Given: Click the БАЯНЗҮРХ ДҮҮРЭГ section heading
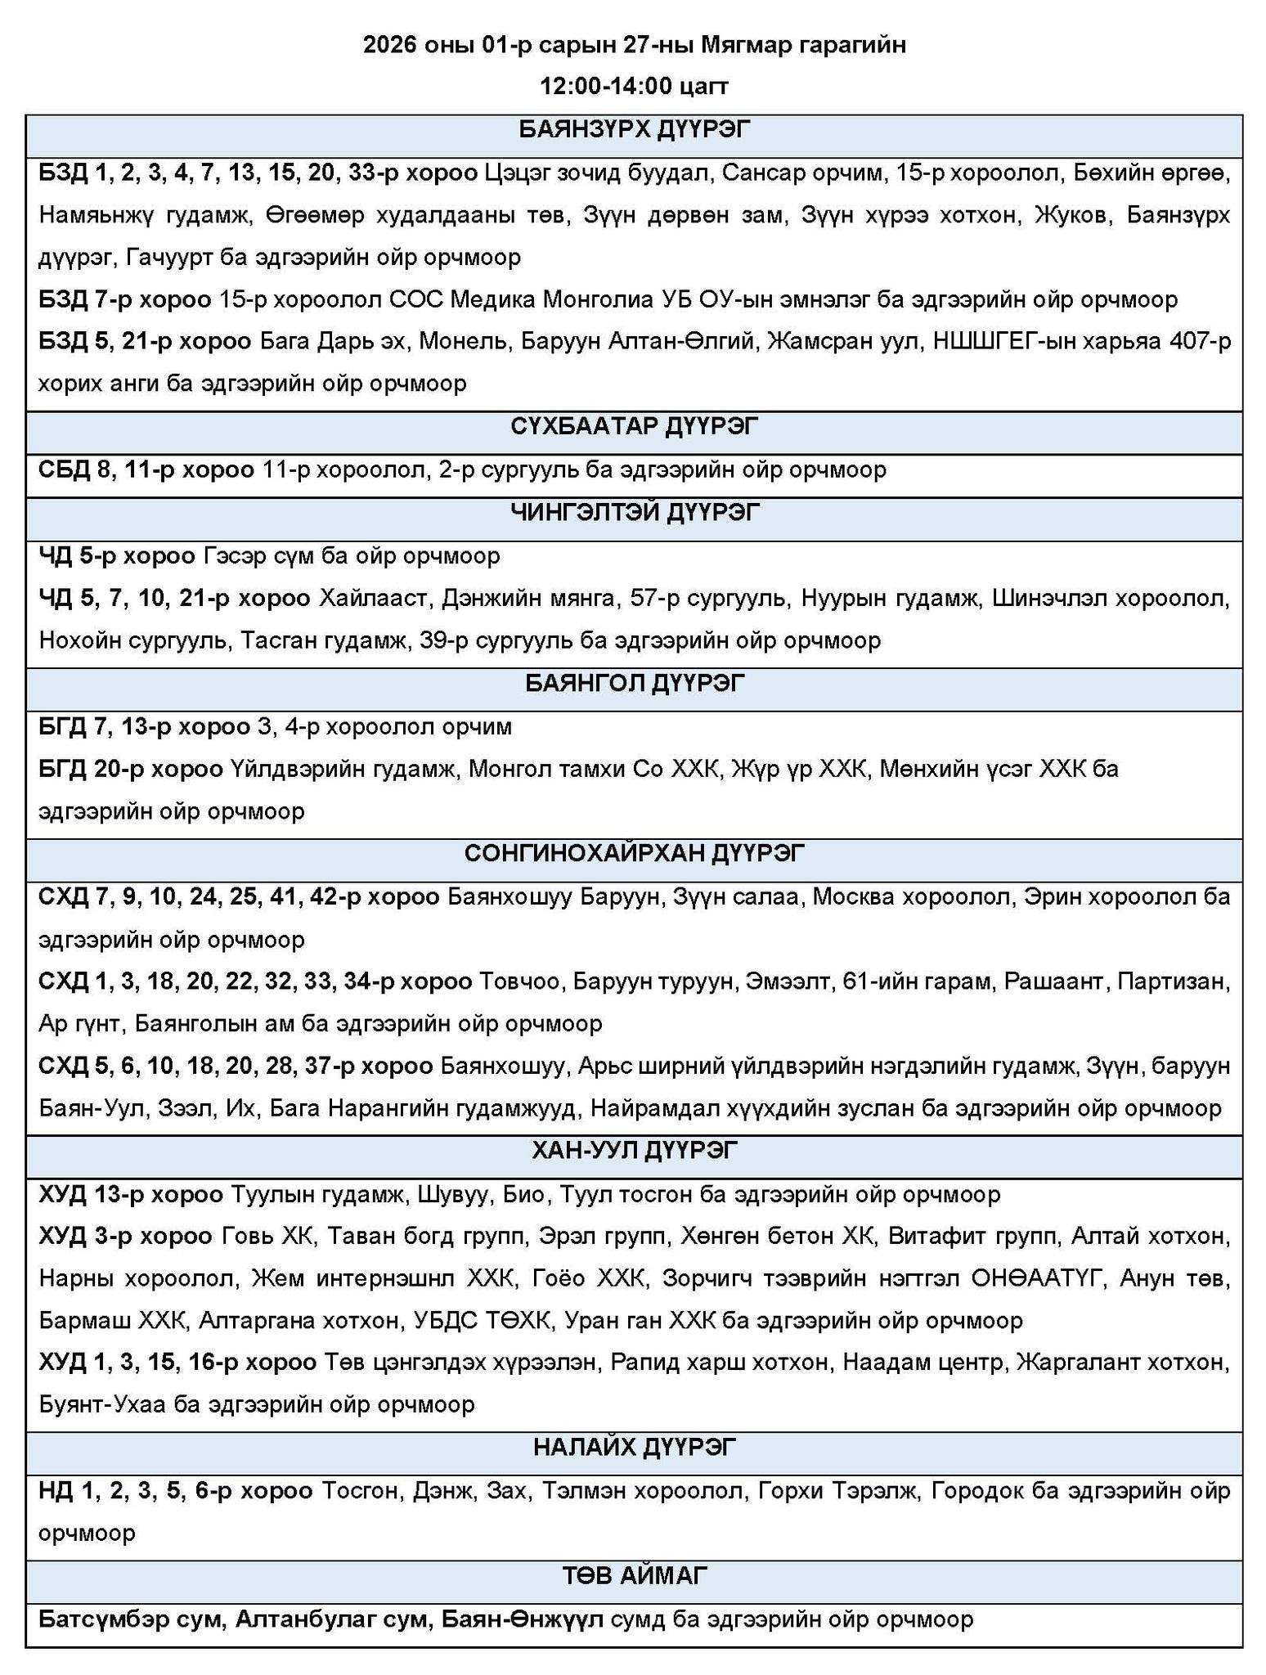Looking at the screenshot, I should (x=634, y=130).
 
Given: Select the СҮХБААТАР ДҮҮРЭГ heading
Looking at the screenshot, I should (x=634, y=426).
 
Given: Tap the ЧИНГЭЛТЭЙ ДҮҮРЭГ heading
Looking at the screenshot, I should (x=634, y=512).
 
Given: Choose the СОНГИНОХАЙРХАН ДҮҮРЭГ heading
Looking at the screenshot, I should (x=634, y=853).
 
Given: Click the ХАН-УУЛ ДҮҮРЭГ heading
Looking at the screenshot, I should (x=634, y=1151).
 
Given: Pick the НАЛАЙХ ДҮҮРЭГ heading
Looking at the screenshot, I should (x=634, y=1447).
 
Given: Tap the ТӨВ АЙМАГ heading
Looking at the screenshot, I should (x=634, y=1574).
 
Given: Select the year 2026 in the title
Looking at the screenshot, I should (x=390, y=45).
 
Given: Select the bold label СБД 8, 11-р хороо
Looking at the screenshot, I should (x=146, y=469).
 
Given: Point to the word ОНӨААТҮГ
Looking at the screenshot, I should (x=1037, y=1278).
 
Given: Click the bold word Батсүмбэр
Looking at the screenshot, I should (x=89, y=1619).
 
